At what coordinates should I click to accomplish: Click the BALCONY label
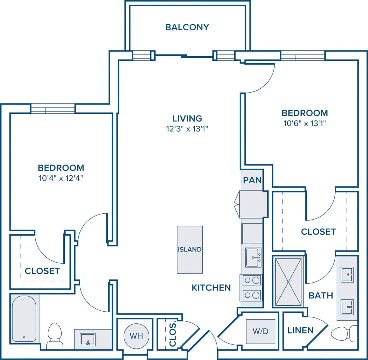tap(187, 27)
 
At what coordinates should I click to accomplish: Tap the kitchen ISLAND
tap(189, 249)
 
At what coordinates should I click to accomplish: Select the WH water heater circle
tap(136, 336)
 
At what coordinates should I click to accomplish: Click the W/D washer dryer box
tap(260, 331)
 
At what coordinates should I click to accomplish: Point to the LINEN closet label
tap(300, 330)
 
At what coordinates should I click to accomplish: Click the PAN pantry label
tap(252, 180)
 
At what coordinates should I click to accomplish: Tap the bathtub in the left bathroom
tap(24, 319)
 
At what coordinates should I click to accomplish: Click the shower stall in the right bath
tap(288, 282)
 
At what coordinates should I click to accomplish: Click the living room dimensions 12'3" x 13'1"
tap(187, 129)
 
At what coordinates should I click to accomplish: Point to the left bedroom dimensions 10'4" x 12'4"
tap(61, 178)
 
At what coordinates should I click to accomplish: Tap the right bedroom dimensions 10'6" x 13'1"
tap(304, 124)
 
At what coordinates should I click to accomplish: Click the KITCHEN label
tap(211, 288)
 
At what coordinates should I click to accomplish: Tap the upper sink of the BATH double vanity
tap(347, 275)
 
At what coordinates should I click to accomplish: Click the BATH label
tap(321, 295)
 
